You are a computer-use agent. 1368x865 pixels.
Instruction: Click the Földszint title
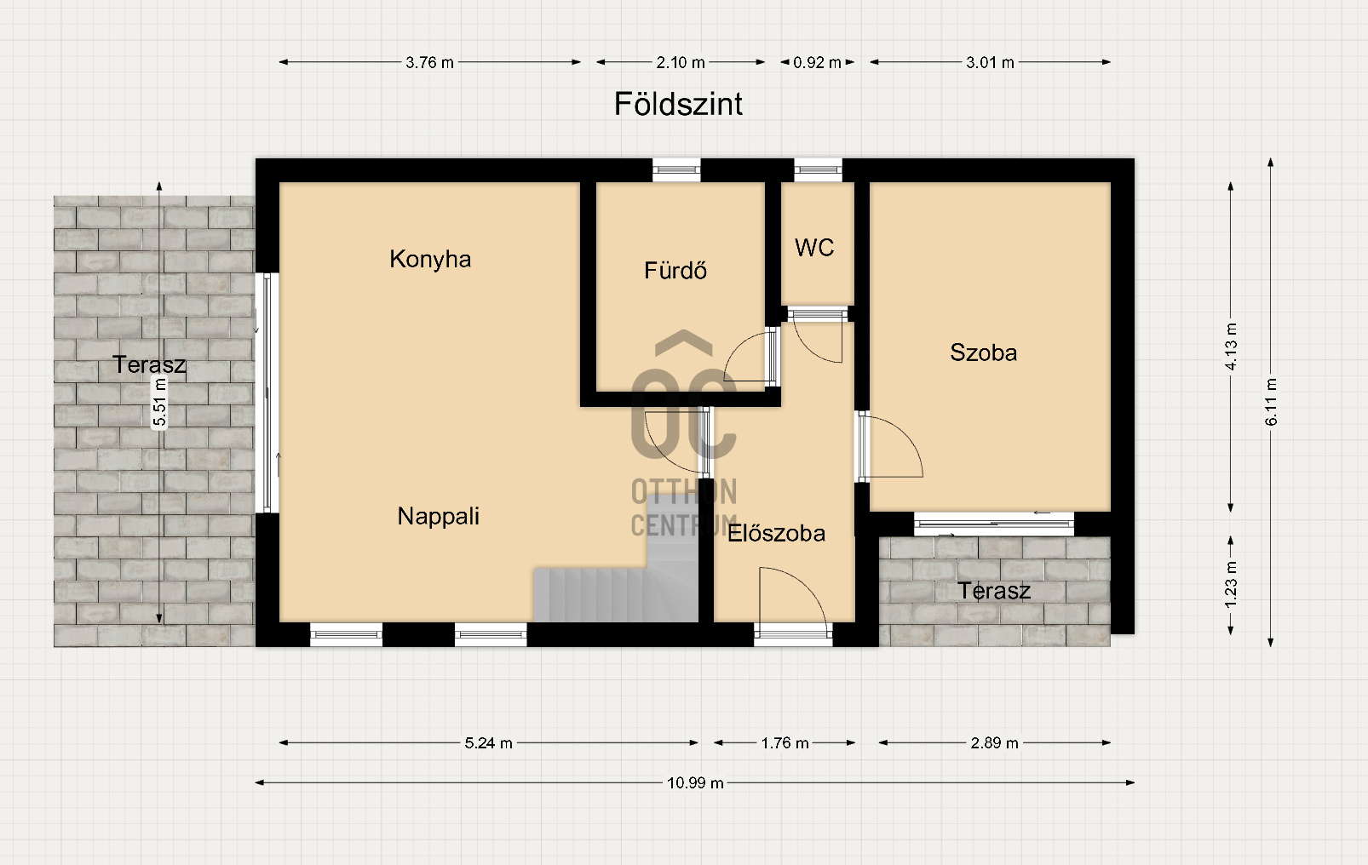click(678, 105)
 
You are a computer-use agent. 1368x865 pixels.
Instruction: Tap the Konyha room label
click(430, 260)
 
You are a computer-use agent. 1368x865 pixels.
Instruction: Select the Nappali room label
click(439, 517)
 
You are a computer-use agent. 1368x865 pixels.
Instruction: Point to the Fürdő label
click(675, 271)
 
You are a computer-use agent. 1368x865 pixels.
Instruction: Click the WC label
click(814, 248)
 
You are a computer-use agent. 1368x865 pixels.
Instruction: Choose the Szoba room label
click(983, 352)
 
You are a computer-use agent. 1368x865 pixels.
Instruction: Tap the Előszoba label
click(776, 533)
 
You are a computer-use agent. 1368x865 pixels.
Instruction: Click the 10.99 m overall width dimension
click(695, 782)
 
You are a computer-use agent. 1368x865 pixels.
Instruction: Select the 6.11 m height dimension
click(1271, 402)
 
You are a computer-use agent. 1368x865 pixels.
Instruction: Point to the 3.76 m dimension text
click(429, 62)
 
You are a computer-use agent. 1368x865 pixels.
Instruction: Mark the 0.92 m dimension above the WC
click(817, 62)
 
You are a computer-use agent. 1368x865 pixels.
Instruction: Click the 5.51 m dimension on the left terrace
click(159, 403)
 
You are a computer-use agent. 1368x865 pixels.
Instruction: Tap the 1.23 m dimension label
click(1231, 584)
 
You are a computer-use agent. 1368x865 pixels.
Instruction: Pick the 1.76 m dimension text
click(785, 743)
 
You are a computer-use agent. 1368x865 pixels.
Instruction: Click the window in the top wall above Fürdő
click(676, 169)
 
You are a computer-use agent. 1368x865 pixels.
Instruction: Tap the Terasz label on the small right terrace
click(994, 591)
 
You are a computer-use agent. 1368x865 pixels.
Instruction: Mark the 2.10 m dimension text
click(681, 62)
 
